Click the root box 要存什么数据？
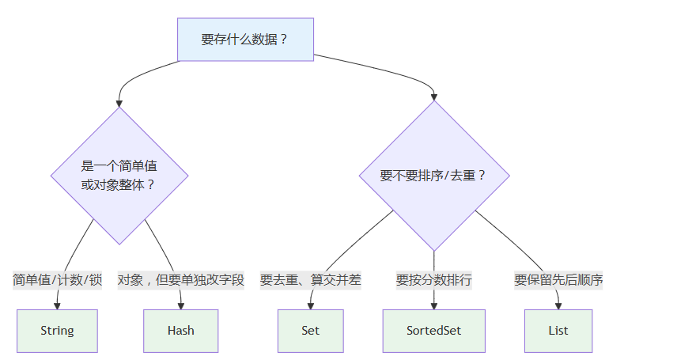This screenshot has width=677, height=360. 245,40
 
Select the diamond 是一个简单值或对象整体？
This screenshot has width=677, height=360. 119,176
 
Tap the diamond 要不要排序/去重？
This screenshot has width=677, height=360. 434,176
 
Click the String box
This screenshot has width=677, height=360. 57,331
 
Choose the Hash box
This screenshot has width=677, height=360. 181,331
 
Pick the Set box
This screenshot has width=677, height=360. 311,331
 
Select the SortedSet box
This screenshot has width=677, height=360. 434,331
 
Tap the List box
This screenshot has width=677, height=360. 558,331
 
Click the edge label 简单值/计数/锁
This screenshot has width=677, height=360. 57,280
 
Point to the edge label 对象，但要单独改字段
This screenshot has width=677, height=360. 181,280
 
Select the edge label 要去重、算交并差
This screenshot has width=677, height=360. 311,280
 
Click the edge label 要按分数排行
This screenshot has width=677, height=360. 434,280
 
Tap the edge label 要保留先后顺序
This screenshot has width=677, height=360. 558,280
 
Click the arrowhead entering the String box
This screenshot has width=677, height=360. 57,306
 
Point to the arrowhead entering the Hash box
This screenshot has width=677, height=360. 181,306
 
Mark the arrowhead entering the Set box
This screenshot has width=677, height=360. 311,306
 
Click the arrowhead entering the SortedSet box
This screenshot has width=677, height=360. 434,306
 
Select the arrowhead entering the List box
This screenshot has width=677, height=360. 558,306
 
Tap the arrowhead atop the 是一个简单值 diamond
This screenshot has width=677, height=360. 119,104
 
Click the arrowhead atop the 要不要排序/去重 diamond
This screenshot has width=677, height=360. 434,97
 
